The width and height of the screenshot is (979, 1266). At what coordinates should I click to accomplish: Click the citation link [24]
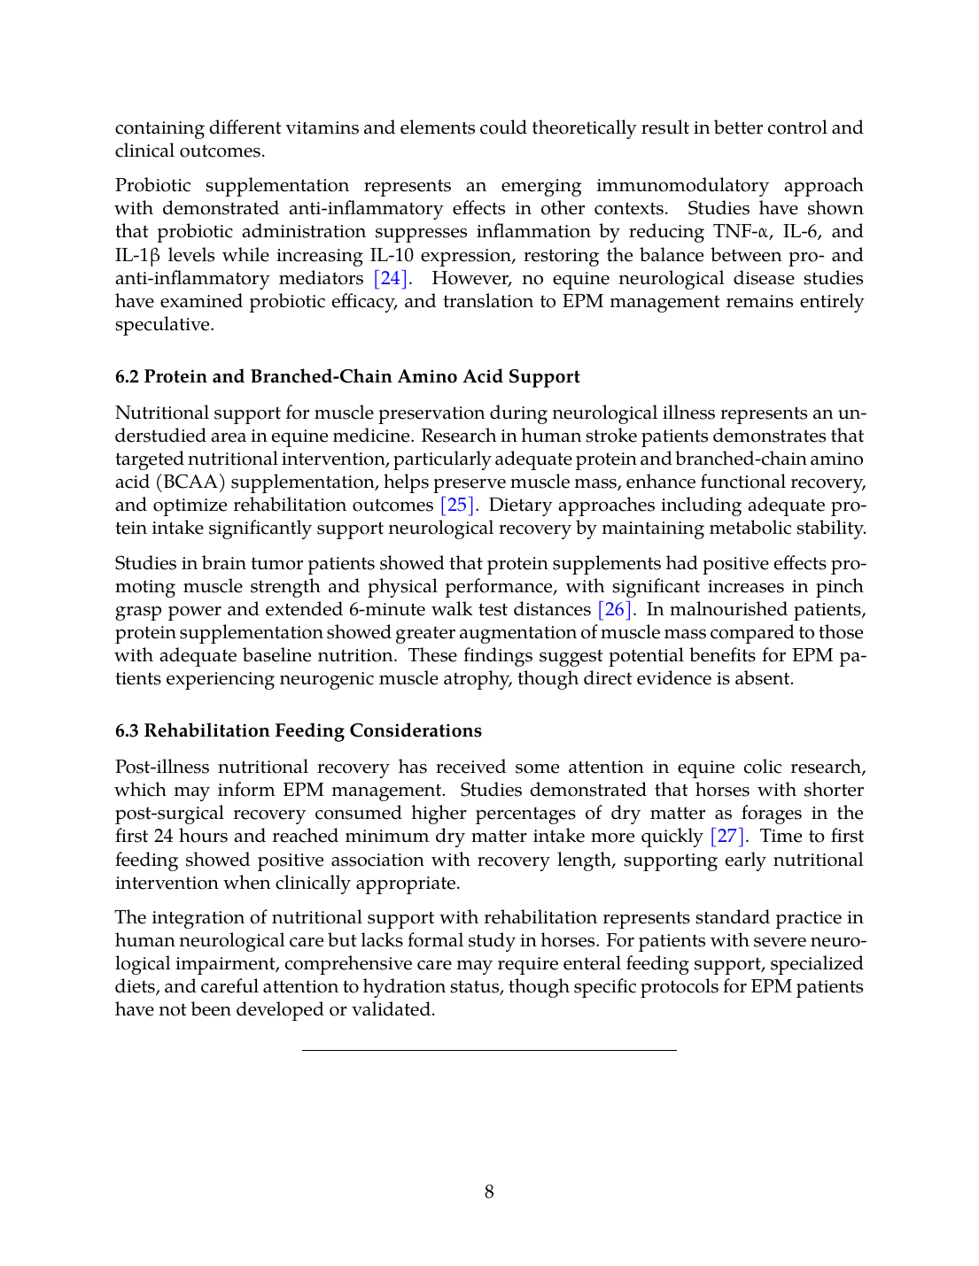pos(391,278)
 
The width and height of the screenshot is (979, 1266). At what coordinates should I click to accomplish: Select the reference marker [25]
pos(458,505)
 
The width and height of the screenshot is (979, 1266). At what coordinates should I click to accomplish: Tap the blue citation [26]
pos(615,609)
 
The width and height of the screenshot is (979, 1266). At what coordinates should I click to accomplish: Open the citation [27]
pos(728,836)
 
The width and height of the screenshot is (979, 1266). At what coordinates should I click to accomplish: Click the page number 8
pos(489,1192)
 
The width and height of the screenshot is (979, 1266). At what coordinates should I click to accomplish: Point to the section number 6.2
pos(127,376)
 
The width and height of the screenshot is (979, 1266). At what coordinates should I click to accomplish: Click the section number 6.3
pos(127,730)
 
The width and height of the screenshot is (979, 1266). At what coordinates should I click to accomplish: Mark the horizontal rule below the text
pos(489,1050)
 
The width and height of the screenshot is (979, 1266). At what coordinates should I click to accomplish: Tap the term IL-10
pos(392,255)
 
